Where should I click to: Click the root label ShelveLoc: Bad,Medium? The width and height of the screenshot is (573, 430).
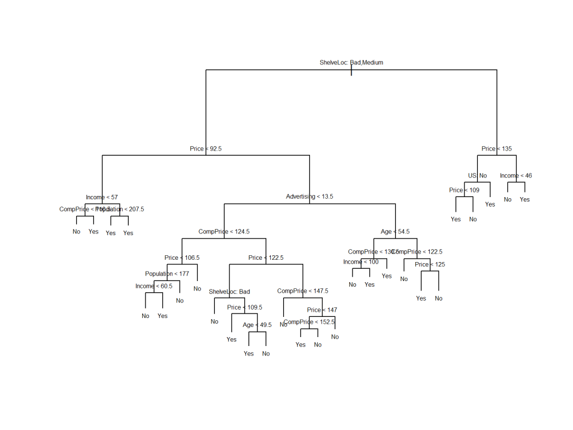351,63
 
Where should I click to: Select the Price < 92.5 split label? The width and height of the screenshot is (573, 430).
205,149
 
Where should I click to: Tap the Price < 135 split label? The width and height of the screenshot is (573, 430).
496,149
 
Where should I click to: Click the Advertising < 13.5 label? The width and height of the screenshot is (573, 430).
309,197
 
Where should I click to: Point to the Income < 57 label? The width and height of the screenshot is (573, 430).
102,197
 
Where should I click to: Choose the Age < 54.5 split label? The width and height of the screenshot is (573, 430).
395,231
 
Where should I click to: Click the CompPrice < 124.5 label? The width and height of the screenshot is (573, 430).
224,231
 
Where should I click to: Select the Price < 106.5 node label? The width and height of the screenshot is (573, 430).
182,258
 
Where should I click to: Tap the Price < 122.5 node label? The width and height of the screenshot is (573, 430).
266,258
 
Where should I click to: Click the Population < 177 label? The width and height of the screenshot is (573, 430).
167,274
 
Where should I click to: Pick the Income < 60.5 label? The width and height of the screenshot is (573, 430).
154,286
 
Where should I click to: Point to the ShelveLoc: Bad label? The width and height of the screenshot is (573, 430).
229,292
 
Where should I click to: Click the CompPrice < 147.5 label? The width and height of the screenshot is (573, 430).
303,291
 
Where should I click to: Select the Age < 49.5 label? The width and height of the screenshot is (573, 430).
257,325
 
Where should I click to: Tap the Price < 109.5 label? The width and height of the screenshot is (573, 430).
245,307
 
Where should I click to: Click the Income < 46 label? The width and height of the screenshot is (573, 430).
516,176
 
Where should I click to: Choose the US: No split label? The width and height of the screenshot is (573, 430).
477,176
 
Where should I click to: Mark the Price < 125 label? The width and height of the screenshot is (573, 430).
430,264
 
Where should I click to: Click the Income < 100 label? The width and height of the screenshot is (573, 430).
361,262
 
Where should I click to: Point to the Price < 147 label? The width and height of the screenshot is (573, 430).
322,310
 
